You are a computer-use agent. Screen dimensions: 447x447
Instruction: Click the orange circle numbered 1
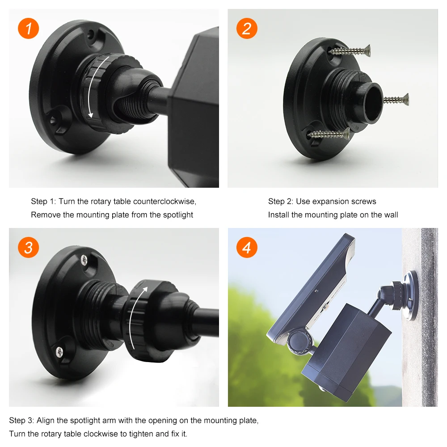point(29,29)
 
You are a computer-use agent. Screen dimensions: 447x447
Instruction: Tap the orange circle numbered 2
point(247,29)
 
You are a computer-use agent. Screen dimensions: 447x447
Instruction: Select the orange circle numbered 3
point(29,247)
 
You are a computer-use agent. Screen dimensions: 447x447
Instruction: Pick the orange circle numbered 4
point(247,247)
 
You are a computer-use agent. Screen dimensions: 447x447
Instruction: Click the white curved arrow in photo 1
point(97,85)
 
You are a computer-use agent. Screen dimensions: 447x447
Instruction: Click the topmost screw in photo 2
point(349,51)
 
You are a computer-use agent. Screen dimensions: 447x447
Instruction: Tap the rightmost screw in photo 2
point(396,100)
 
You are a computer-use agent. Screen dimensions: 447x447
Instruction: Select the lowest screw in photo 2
point(329,134)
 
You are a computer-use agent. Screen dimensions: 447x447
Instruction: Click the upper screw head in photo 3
point(84,259)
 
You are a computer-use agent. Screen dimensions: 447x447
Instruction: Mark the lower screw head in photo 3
point(59,351)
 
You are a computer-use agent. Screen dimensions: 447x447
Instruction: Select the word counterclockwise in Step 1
point(164,202)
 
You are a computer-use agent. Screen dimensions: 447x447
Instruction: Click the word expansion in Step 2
point(330,202)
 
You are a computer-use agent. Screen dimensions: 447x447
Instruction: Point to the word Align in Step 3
point(45,421)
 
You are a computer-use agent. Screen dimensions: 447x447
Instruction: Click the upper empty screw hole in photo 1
point(91,35)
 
